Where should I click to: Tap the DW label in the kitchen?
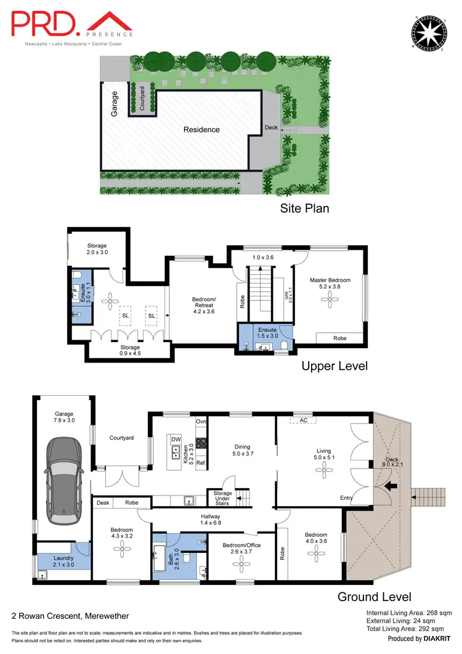tap(176, 439)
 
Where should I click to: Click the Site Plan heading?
tap(304, 208)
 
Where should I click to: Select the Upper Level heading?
tap(334, 366)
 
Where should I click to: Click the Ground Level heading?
tap(374, 597)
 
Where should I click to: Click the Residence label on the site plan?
tap(201, 129)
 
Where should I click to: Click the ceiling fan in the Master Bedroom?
tap(330, 299)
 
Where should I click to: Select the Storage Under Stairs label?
tap(222, 498)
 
